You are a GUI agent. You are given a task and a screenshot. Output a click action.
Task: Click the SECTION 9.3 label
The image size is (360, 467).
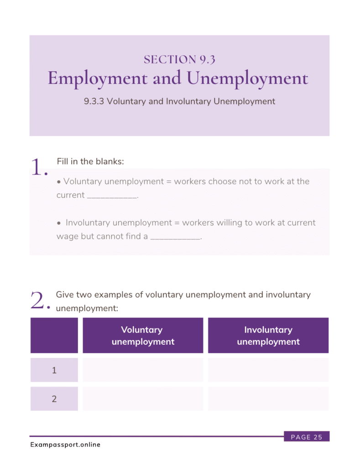[179, 59]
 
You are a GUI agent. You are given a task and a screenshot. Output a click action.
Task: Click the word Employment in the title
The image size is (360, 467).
[98, 78]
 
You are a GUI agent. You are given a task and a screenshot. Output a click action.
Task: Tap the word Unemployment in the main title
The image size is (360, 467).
[248, 78]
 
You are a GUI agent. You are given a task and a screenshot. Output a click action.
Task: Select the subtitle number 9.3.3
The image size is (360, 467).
[94, 101]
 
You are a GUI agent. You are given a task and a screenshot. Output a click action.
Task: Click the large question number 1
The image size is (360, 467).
[39, 168]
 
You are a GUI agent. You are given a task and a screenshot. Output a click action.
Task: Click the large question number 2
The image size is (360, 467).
[39, 301]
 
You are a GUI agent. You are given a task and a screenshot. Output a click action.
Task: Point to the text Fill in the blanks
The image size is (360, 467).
[90, 161]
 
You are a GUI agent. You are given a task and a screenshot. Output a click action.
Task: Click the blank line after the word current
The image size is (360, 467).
[112, 196]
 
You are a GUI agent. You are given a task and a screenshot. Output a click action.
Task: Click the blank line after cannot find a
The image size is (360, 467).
[175, 238]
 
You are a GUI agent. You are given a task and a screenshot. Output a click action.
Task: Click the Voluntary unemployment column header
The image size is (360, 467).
[143, 336]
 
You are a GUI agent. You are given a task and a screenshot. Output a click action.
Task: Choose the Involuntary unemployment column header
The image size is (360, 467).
[268, 336]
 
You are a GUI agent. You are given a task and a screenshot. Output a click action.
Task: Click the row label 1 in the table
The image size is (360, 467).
[54, 370]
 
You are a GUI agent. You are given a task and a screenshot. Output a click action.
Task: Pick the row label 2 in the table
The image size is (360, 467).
[54, 399]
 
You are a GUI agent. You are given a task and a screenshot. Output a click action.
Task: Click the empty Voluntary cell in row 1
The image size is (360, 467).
[143, 370]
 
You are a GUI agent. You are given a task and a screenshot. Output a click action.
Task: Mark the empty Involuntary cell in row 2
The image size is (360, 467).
[268, 399]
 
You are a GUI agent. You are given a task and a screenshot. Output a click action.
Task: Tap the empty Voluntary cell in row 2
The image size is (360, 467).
[143, 399]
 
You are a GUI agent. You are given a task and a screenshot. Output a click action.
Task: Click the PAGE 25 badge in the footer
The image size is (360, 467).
[306, 437]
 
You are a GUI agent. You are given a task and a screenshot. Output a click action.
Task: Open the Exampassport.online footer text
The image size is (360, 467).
[65, 445]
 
